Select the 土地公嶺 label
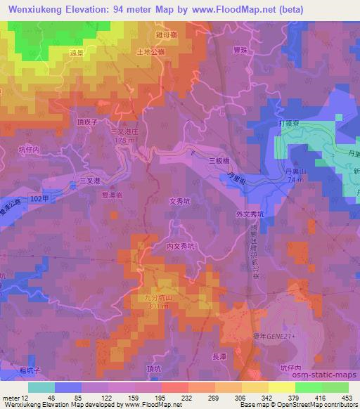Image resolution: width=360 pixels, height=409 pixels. click(x=152, y=52)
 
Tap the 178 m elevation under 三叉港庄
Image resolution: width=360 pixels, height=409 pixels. click(x=124, y=141)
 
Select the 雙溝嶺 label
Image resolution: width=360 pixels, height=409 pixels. click(x=112, y=195)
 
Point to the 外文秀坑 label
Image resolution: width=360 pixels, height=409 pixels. click(x=251, y=214)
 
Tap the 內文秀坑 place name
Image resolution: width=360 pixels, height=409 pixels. click(x=181, y=246)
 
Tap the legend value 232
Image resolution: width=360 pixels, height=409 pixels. click(x=167, y=398)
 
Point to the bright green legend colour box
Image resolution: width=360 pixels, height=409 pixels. click(x=307, y=387)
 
